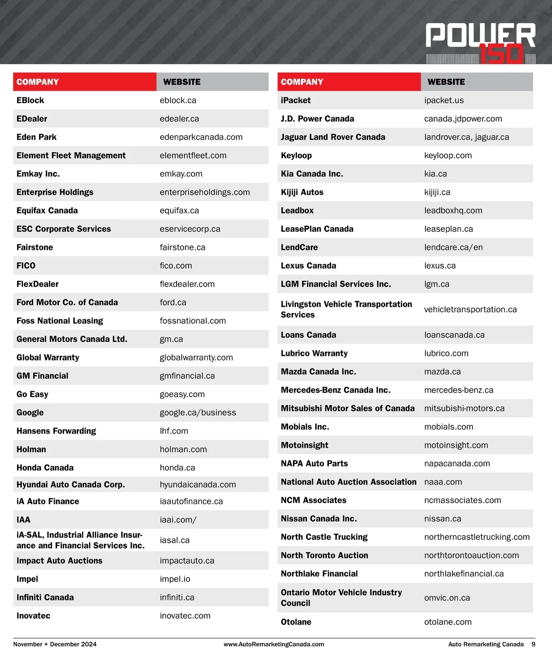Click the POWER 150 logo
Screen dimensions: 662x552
tap(480, 42)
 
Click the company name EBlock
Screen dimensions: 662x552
tap(30, 100)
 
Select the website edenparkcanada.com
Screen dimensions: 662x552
tap(201, 137)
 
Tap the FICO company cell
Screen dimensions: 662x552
tap(26, 266)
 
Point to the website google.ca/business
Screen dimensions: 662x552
tap(198, 412)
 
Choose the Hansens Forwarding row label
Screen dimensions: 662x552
tap(56, 431)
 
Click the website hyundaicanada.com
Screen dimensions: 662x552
tap(198, 484)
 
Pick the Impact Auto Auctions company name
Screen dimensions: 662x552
tap(59, 561)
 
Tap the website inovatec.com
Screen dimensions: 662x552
tap(185, 616)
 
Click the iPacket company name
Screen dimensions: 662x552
tap(296, 100)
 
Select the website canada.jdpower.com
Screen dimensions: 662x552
tap(463, 119)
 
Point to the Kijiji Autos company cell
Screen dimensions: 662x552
tap(302, 192)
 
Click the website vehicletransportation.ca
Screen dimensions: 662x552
tap(470, 309)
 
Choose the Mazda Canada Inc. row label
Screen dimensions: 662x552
tap(318, 372)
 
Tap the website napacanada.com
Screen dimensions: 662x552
tap(457, 464)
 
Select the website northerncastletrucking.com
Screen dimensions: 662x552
tap(477, 537)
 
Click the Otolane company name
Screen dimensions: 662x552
tap(296, 622)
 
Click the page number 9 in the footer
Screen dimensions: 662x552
tap(533, 644)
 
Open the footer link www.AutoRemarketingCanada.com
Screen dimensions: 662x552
tap(274, 645)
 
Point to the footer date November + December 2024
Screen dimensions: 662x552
tap(55, 644)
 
